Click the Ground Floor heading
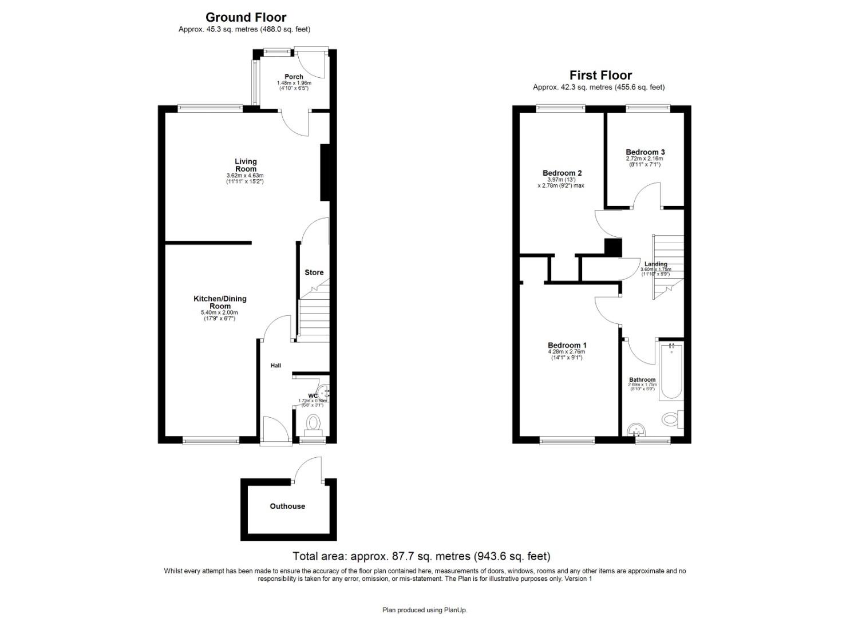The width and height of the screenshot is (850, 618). coord(246,18)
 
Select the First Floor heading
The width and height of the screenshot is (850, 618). coord(600,76)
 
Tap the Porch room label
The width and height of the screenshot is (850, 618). coord(294,77)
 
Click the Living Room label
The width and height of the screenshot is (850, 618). coord(246,165)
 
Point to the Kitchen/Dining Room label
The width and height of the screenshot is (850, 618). coord(220,302)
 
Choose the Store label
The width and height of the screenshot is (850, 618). coord(314,272)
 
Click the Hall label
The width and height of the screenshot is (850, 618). coord(276,366)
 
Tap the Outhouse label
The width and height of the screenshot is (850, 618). coord(287,506)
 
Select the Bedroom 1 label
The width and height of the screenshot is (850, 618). coord(567,345)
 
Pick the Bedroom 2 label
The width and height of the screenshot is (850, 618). coord(562,173)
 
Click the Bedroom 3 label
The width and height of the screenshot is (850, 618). coord(645,152)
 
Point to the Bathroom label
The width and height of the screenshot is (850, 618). coord(642,380)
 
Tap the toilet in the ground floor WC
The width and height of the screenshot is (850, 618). coord(313,424)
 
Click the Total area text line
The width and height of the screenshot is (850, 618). coord(421,556)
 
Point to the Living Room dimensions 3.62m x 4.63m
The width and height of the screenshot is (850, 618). coord(245,176)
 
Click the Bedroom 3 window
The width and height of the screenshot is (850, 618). coord(647,106)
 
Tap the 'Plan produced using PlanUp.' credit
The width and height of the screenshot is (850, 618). coord(425,610)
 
